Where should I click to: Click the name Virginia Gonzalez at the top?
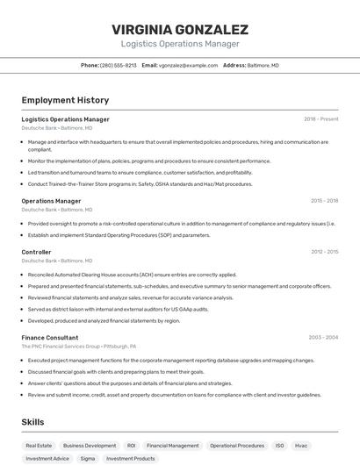(x=180, y=29)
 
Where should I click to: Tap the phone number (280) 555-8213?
(x=118, y=65)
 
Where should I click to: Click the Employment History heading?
(x=65, y=100)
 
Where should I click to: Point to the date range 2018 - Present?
(x=321, y=118)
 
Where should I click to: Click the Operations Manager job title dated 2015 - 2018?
(x=51, y=200)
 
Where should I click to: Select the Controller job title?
(x=36, y=252)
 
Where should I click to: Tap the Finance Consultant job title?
(x=49, y=337)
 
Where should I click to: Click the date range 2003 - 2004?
(x=323, y=337)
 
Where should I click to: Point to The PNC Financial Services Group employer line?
(x=79, y=347)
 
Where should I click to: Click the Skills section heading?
(x=32, y=422)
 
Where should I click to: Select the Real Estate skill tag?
(x=39, y=446)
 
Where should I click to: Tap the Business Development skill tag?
(x=90, y=446)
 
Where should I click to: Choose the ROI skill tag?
(x=131, y=446)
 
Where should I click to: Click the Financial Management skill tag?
(x=172, y=446)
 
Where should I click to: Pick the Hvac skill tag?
(x=301, y=446)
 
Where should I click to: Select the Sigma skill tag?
(x=88, y=458)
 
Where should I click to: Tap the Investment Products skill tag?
(x=130, y=458)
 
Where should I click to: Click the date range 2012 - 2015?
(x=324, y=252)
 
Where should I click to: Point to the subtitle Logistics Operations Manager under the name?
(x=180, y=44)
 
